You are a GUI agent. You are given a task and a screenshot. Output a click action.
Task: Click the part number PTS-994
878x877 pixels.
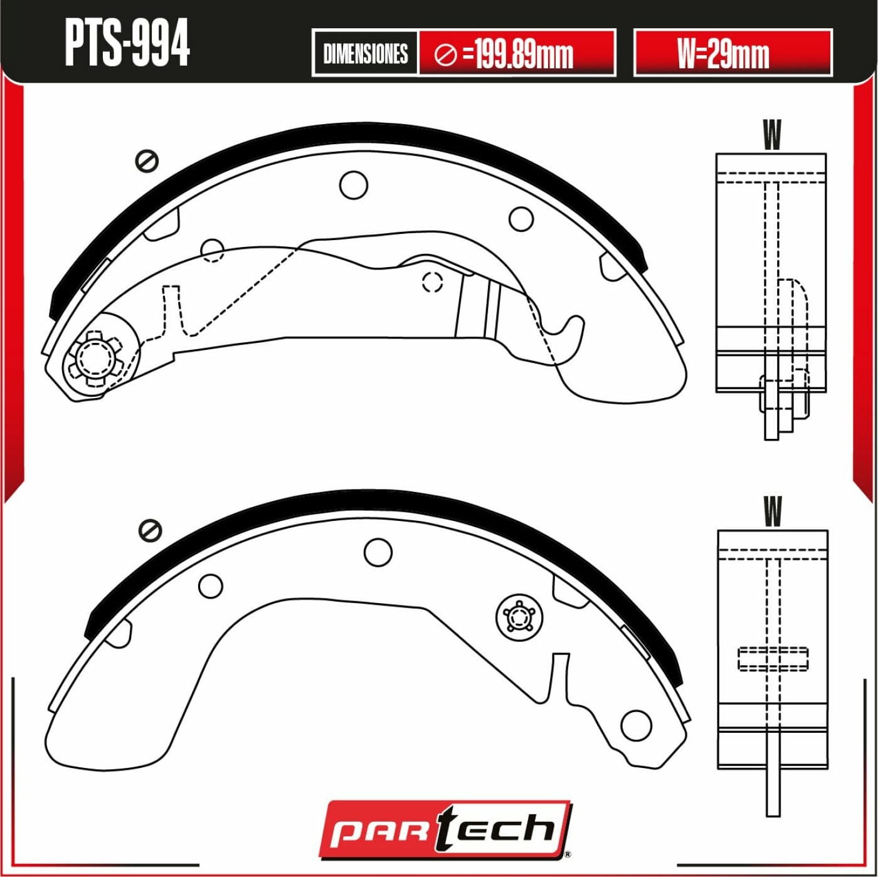[x=127, y=43]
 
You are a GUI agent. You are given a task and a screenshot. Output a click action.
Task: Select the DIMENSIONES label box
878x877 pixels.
[x=365, y=53]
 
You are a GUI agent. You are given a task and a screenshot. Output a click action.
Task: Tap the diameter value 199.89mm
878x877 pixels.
[x=524, y=55]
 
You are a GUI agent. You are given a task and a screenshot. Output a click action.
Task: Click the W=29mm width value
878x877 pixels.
[x=723, y=53]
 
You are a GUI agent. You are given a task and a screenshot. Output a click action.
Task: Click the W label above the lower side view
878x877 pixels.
[x=773, y=511]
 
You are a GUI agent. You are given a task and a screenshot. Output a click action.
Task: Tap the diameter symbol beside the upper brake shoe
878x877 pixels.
[x=147, y=161]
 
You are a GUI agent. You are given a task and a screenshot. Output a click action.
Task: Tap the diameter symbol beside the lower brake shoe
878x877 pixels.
[x=150, y=530]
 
